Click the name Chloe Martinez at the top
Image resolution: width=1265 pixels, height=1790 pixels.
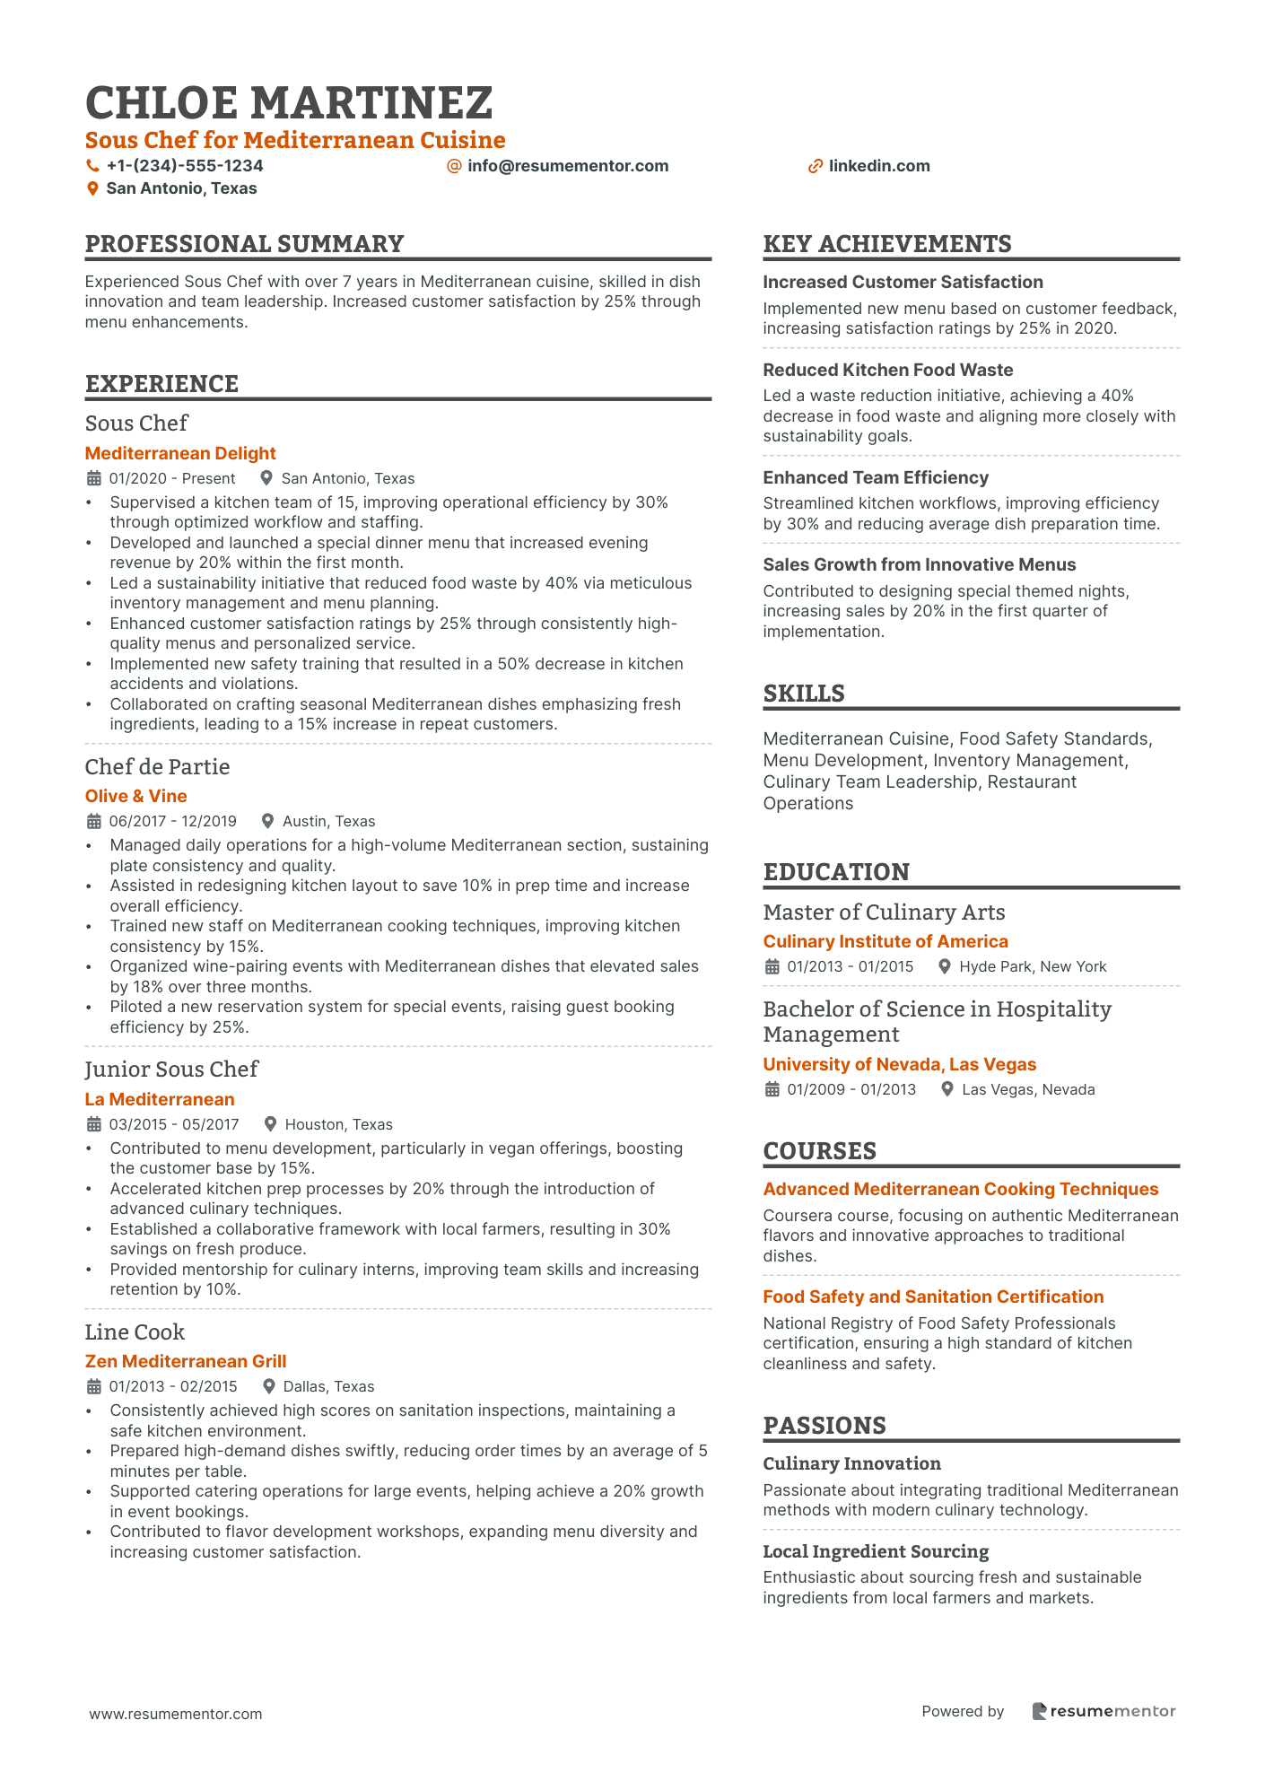pyautogui.click(x=289, y=103)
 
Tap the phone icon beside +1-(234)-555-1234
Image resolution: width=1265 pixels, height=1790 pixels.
pyautogui.click(x=92, y=166)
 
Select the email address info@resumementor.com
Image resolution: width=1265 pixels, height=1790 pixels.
pyautogui.click(x=568, y=166)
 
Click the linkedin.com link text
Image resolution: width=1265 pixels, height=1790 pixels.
pyautogui.click(x=879, y=166)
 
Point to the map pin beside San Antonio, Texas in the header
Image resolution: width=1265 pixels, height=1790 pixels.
pyautogui.click(x=92, y=188)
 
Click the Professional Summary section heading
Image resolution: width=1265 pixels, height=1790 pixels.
pyautogui.click(x=244, y=244)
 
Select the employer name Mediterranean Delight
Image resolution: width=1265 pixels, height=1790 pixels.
pyautogui.click(x=180, y=453)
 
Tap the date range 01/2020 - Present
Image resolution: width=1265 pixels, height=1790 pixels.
pyautogui.click(x=172, y=478)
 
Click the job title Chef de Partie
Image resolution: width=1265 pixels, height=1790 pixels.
pyautogui.click(x=157, y=766)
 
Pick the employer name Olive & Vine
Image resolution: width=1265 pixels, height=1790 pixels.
pyautogui.click(x=136, y=796)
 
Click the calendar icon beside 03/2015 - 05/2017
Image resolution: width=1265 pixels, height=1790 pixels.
pyautogui.click(x=93, y=1124)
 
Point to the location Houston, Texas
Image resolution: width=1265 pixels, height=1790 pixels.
pyautogui.click(x=338, y=1124)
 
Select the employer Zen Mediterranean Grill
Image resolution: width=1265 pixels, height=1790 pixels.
pyautogui.click(x=186, y=1361)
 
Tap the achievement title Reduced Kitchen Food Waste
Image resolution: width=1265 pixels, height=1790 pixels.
pyautogui.click(x=888, y=370)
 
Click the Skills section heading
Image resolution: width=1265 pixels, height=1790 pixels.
pyautogui.click(x=804, y=694)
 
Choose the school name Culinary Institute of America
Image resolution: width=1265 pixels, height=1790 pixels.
pyautogui.click(x=885, y=941)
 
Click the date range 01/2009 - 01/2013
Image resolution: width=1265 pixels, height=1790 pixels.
pyautogui.click(x=851, y=1089)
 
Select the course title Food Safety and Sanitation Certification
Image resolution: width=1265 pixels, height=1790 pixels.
pyautogui.click(x=933, y=1297)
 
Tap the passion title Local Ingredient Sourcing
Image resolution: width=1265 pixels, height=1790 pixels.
pyautogui.click(x=876, y=1551)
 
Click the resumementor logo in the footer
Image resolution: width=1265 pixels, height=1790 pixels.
pyautogui.click(x=1103, y=1711)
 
